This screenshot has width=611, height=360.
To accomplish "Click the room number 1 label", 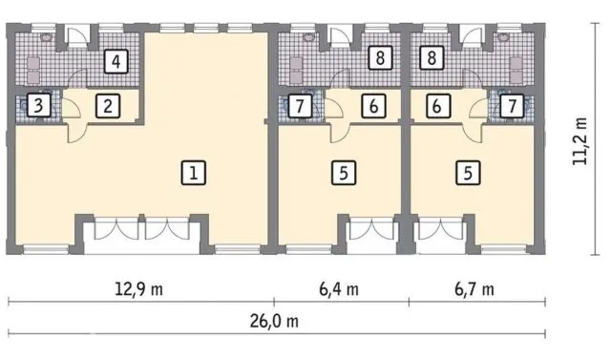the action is coord(194,173).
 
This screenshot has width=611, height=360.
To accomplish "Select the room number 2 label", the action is coord(108,106).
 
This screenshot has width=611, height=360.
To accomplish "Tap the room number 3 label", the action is coord(38,105).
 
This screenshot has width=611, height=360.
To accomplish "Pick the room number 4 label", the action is coord(116,61).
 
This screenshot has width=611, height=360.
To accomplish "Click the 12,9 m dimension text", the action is coord(139,289).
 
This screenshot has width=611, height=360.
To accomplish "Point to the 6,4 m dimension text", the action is coord(339,289).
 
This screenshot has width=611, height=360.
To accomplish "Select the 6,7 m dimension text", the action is coord(474,289).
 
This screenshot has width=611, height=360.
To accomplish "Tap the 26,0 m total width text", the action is coord(274,322).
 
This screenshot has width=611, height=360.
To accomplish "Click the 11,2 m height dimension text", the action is coord(579,141).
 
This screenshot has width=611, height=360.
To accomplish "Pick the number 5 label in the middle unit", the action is coord(344,173).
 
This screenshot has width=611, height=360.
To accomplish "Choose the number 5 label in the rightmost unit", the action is coord(468,173).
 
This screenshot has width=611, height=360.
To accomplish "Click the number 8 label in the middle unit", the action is coord(380,58).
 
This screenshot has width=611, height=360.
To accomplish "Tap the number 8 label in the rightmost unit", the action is coord(432,58).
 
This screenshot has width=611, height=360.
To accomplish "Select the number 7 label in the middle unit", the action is coord(300,106).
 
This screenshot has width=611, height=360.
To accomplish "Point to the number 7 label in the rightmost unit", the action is coord(512,106).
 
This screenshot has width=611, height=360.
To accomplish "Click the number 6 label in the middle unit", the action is coord(373,106).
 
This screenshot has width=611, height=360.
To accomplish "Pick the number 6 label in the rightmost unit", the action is coord(437,106).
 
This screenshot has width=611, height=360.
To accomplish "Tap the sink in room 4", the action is coord(46,37).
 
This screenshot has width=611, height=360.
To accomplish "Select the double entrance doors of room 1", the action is coord(142,228).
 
